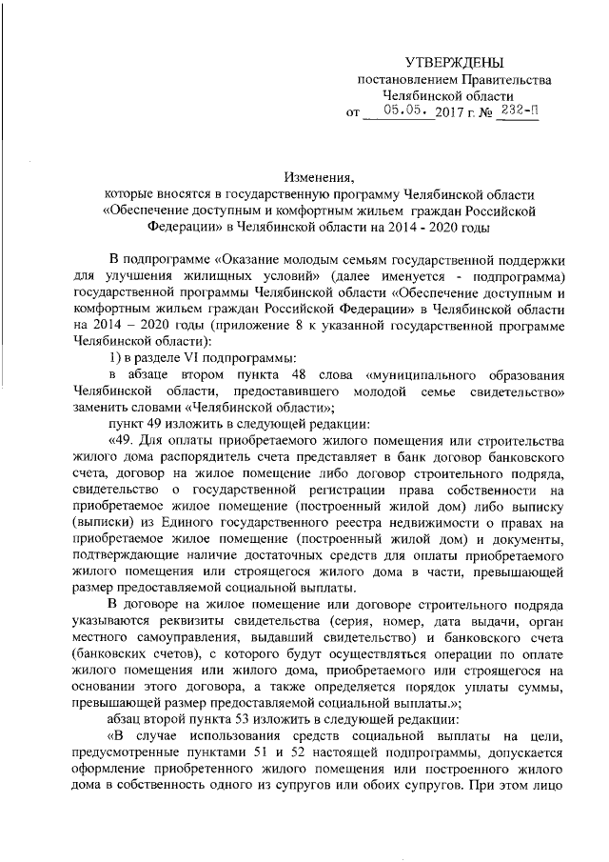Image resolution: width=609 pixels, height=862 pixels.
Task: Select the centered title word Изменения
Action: pyautogui.click(x=319, y=176)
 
